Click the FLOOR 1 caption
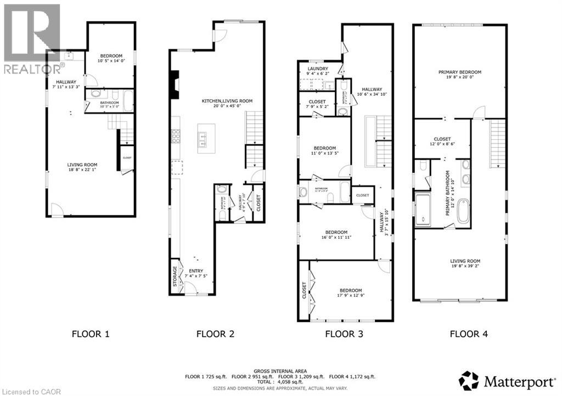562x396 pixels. coord(91,333)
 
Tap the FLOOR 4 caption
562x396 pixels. coord(468,333)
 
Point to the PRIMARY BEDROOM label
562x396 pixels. coord(459,72)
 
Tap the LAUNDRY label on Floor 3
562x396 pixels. coord(317,68)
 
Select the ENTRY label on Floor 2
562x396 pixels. coord(196,271)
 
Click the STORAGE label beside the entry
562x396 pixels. coord(175,276)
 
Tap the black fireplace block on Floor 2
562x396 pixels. coord(174,85)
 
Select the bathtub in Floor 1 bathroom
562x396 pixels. coord(127,101)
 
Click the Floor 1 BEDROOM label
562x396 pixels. coord(111,56)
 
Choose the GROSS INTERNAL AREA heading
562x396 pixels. coord(280,370)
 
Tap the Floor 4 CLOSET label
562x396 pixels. coord(442,139)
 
